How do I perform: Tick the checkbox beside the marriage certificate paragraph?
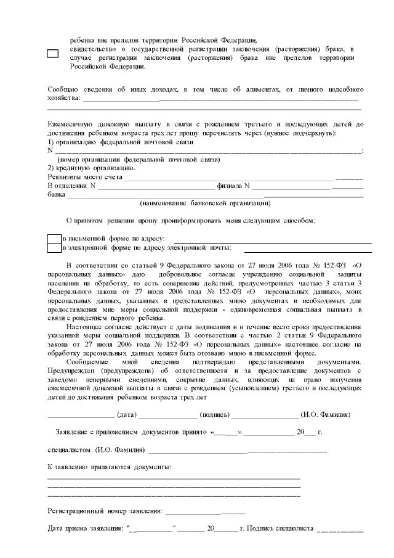(53, 54)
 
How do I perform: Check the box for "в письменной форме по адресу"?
(54, 238)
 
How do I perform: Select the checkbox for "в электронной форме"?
(54, 248)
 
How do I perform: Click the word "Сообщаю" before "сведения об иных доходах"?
(63, 90)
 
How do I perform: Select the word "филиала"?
(230, 186)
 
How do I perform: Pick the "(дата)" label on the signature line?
(126, 414)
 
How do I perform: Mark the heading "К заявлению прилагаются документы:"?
(110, 467)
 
